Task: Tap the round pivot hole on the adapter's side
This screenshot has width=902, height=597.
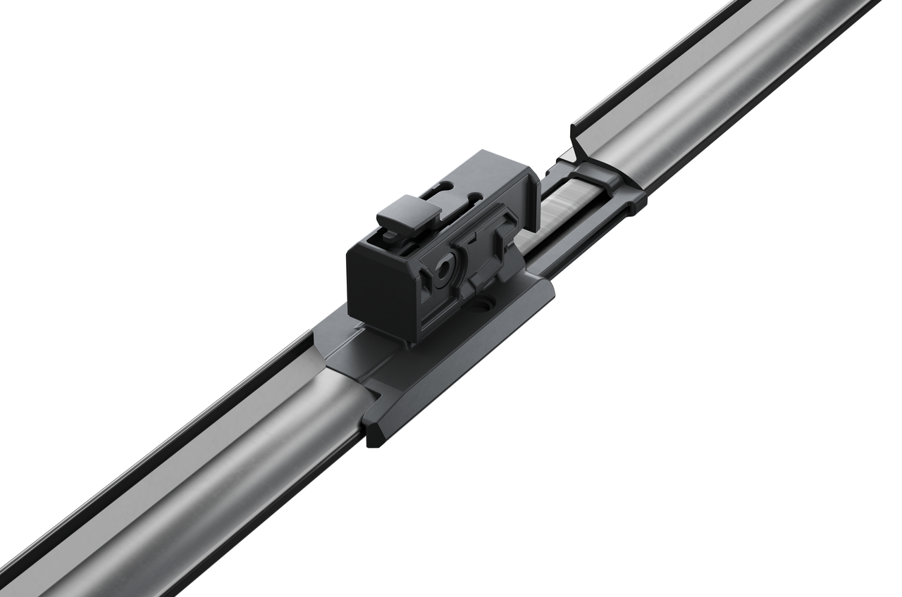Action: coord(445,268)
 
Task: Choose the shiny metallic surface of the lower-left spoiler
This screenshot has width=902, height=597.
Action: coord(211,458)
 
